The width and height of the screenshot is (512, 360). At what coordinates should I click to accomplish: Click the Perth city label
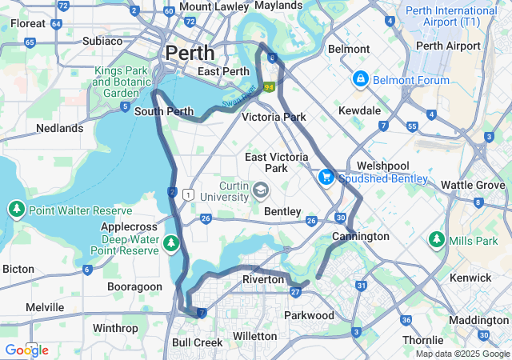coord(190,53)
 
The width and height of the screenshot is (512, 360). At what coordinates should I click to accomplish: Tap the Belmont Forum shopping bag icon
coord(361,79)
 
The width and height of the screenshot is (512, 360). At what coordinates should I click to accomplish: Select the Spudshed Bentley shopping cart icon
coord(326,177)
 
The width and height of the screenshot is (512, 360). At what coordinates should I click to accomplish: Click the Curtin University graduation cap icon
coord(261,190)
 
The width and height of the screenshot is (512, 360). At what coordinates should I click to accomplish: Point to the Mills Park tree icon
coord(436,239)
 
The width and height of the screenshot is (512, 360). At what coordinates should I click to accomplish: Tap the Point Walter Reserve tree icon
coord(16,210)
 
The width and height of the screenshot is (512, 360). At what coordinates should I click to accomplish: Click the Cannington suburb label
coord(361,237)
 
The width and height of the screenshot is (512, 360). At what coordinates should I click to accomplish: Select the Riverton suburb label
coord(263,280)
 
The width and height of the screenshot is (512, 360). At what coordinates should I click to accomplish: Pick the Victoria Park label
coord(274,117)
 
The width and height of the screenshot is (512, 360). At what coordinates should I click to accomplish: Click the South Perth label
coord(164,111)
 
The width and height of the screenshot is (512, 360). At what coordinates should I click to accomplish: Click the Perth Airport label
coord(448,46)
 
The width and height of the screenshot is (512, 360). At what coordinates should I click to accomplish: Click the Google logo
coord(26,350)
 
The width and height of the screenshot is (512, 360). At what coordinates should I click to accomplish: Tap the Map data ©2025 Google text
coord(462,354)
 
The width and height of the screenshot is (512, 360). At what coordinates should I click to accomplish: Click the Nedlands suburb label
coord(59,128)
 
